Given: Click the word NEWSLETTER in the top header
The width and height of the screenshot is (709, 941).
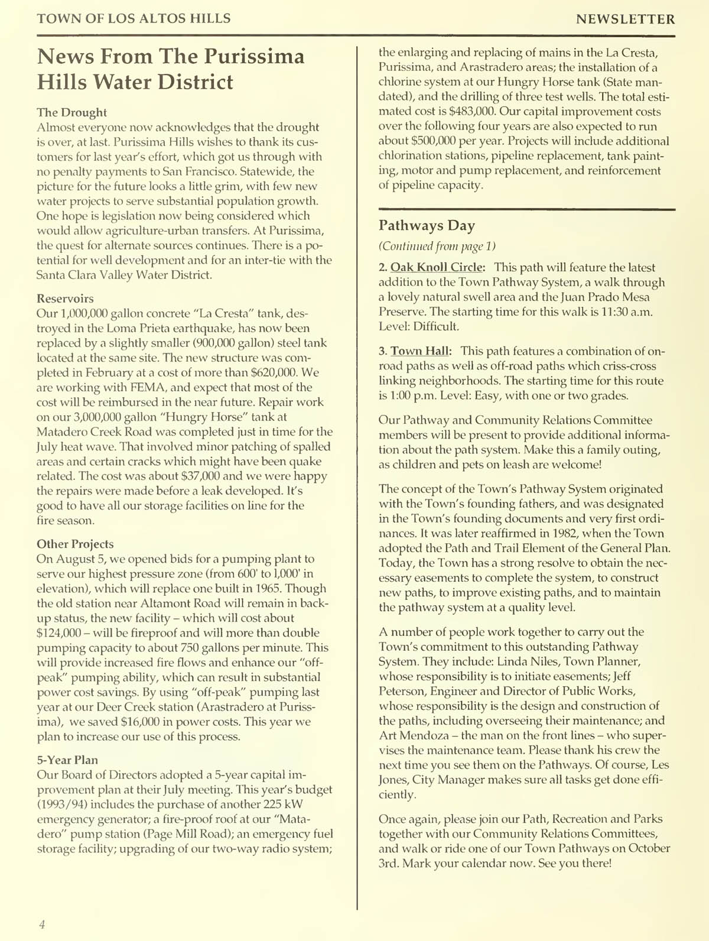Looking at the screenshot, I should coord(625,20).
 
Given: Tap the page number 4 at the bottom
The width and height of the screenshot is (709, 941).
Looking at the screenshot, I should coord(42,924).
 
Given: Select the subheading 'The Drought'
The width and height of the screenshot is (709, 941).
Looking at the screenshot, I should coord(71,112).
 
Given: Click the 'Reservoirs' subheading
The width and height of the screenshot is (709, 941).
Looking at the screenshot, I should coord(65,298).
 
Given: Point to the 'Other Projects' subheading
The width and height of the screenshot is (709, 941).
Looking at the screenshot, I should coord(75,544).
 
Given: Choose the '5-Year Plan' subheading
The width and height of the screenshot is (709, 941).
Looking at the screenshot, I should coord(67,760).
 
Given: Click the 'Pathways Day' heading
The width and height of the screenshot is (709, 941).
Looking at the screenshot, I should coord(427,226).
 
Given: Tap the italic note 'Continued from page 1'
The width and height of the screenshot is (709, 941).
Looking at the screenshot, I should coord(437,246).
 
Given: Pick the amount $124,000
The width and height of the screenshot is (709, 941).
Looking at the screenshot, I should coord(58,633).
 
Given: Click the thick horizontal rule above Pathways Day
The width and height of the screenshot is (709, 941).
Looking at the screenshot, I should coord(526,209).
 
